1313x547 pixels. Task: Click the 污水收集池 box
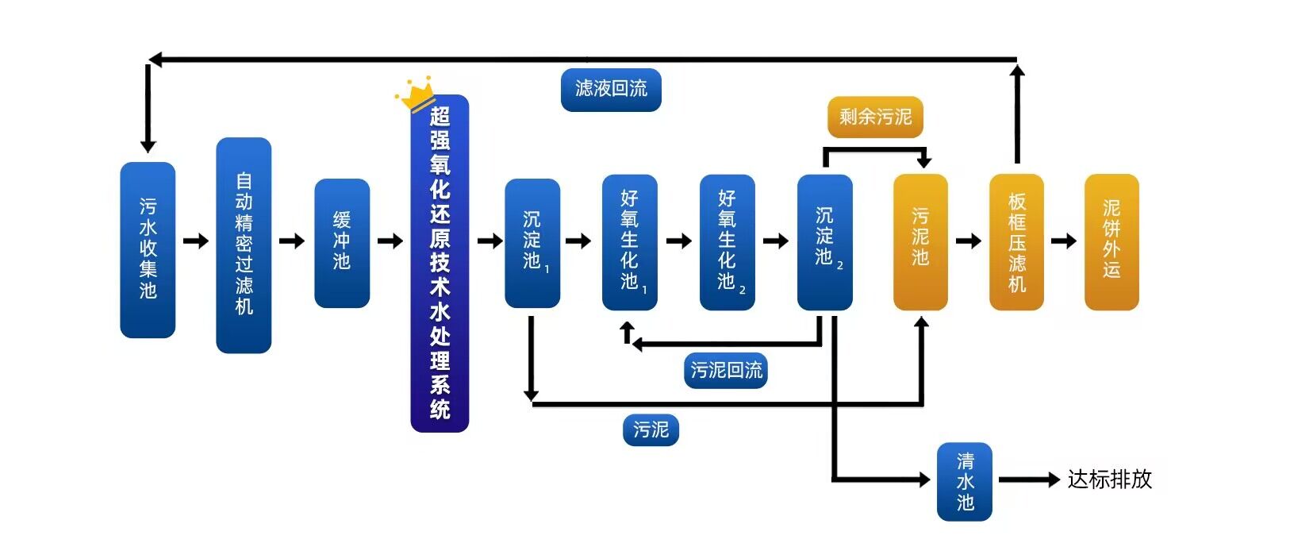coord(148,249)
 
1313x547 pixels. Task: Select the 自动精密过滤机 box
coord(244,245)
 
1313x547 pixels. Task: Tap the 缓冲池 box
coord(342,242)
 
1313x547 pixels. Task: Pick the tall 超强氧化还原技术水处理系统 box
coord(440,264)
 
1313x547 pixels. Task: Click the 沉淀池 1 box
coord(532,242)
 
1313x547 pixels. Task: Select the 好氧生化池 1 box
coord(629,241)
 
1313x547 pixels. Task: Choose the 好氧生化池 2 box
coord(727,241)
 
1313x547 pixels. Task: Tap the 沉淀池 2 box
coord(824,241)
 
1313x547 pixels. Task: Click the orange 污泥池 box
coord(920,241)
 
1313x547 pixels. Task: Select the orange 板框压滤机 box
coord(1016,241)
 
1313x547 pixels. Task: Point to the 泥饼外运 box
coord(1111,241)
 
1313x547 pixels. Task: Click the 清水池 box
coord(965,481)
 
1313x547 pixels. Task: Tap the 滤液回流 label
coord(611,89)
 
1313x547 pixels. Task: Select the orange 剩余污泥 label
coord(875,117)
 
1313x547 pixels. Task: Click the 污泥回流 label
coord(726,370)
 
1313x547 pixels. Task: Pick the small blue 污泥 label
coord(651,430)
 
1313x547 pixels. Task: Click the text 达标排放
coord(1109,480)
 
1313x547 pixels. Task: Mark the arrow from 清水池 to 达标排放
coord(1029,480)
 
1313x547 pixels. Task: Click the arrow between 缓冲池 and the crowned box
coord(390,241)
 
